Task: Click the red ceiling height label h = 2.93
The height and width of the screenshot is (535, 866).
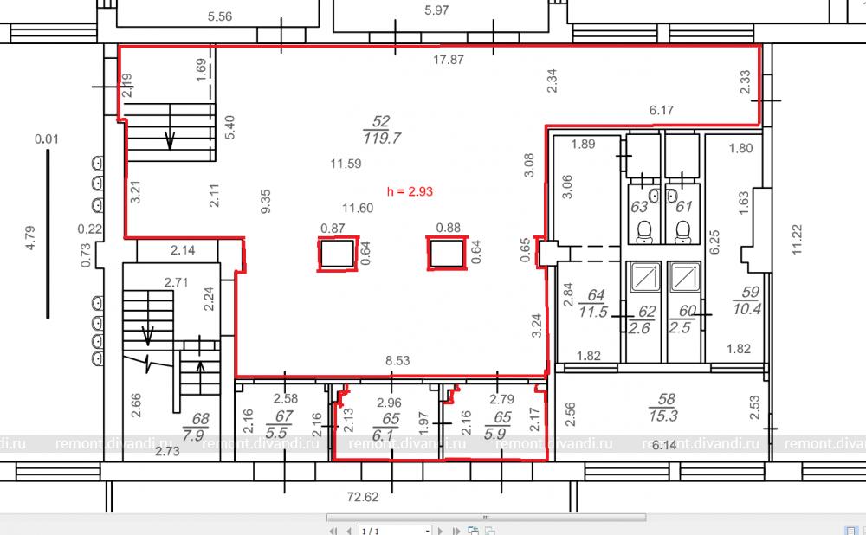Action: coord(410,191)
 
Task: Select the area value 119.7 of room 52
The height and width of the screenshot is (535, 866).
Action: coord(382,138)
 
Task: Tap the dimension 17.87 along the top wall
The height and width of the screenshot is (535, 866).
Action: coord(449,59)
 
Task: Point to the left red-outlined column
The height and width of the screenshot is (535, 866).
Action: coord(338,254)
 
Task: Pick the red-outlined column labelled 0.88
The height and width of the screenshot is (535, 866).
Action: coord(447,254)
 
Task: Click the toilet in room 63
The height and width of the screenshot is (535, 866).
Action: coord(644,232)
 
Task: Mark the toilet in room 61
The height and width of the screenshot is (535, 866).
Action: coord(683,232)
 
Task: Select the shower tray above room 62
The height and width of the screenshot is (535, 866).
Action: coord(643,277)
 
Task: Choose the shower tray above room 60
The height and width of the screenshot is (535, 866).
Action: coord(684,277)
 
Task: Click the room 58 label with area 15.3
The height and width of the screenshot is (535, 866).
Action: coord(664,408)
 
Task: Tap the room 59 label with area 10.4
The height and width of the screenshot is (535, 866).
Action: coord(747,301)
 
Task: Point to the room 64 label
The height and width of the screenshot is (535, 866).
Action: coord(594,304)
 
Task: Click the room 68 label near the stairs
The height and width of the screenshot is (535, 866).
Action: coord(196,427)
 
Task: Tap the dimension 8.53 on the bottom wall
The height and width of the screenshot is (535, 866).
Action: coord(397,360)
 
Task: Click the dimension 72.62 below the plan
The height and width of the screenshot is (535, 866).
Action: coord(363,497)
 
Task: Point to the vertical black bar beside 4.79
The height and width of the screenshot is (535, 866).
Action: coord(48,234)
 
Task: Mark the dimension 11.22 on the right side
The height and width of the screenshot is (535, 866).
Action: coord(797,239)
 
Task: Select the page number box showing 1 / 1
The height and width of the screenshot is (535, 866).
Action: coord(395,531)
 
